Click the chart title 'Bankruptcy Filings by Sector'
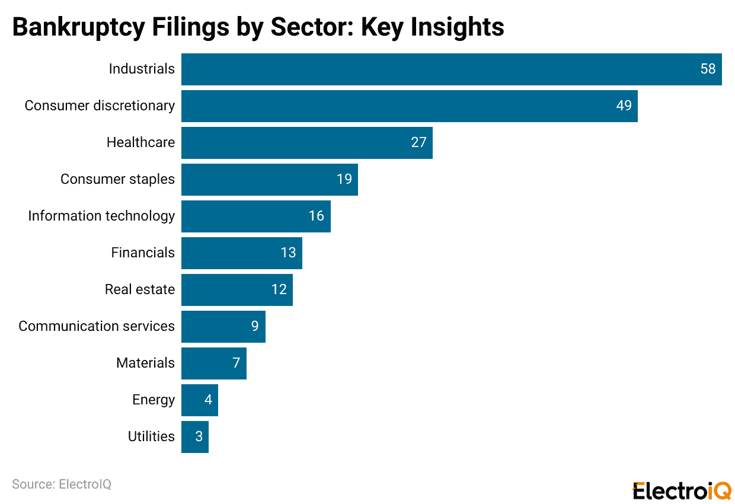point(258,27)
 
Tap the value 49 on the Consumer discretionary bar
point(624,106)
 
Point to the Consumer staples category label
point(117,179)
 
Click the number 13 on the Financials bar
point(288,253)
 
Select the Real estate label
point(140,289)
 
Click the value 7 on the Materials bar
point(236,363)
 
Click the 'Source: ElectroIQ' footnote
point(62,484)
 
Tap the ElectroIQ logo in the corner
point(682,491)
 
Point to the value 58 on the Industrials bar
point(708,69)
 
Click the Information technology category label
point(101,216)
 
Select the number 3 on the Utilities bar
point(199,437)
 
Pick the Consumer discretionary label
point(100,106)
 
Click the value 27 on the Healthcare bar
point(418,143)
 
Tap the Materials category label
point(145,363)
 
